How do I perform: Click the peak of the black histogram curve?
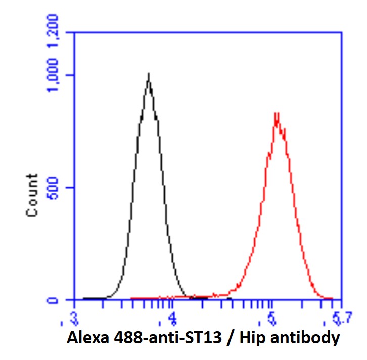tap(148, 74)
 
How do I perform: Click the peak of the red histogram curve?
tap(276, 113)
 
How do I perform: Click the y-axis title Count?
tap(32, 196)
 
